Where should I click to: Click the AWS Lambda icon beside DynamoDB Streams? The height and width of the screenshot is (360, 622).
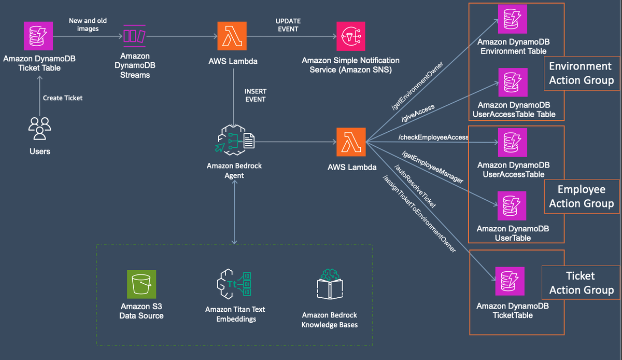coord(232,36)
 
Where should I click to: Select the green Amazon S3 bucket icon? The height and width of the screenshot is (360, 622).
coord(142,284)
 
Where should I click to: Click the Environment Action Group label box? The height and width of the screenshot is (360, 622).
coord(581,73)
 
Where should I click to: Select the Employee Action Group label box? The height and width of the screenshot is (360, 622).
coord(581,197)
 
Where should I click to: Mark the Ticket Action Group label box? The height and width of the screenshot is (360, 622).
coord(581,283)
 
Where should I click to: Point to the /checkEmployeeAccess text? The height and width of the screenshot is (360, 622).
coord(433,137)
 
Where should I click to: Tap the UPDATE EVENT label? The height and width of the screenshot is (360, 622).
coord(288,25)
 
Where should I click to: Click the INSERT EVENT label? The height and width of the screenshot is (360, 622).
coord(255,95)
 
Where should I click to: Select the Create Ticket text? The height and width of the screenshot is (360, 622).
coord(63,98)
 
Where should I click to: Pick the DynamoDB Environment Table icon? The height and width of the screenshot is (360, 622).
coord(512,19)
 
